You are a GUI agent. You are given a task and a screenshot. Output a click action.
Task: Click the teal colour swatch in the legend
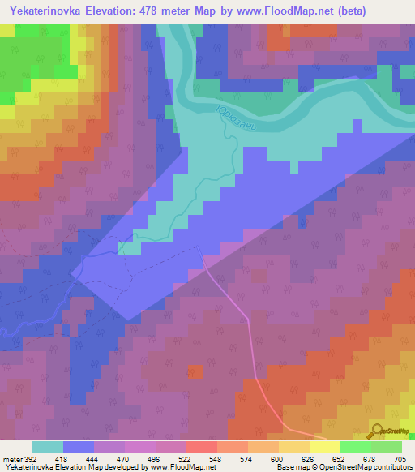pos(48,447)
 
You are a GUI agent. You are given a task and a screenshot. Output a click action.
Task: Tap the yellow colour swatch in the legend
pos(324,447)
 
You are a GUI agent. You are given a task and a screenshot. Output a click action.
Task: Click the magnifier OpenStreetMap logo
pos(377,431)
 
